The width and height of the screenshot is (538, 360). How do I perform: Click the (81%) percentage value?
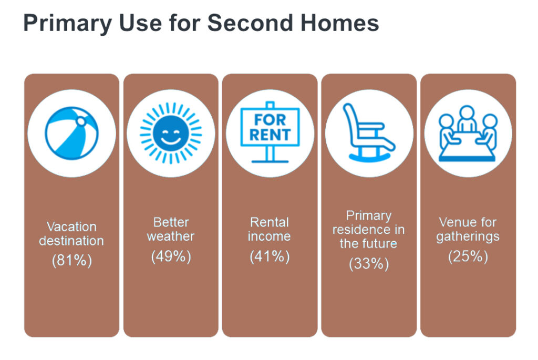click(x=71, y=261)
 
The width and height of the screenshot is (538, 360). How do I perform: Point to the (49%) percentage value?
click(x=171, y=256)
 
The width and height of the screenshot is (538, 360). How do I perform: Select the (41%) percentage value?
click(x=270, y=256)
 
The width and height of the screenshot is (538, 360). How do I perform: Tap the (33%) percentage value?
click(x=369, y=263)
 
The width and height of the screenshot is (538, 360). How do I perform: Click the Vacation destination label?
click(x=71, y=234)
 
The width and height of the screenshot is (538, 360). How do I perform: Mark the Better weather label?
click(x=171, y=229)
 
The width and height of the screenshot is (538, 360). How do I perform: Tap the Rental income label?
click(x=270, y=229)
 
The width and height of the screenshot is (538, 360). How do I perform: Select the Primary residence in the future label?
click(x=369, y=230)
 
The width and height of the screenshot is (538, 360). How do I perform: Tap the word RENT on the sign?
click(x=270, y=135)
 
